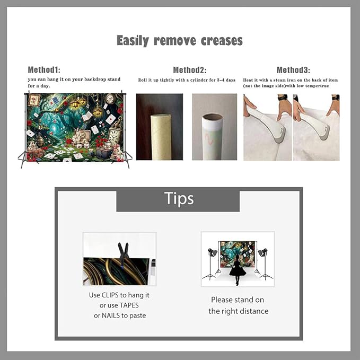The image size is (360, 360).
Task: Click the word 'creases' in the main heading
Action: (222, 41)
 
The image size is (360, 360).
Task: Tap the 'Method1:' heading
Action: (44, 69)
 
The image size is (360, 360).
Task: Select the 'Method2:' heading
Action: (190, 70)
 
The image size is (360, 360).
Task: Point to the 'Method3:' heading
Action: (293, 70)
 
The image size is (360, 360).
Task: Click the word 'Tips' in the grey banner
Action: (179, 198)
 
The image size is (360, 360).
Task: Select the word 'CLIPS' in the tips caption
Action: (110, 295)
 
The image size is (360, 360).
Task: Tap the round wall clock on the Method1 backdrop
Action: (110, 99)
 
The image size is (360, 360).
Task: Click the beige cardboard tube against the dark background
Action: (160, 137)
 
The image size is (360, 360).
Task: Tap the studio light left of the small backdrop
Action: (211, 262)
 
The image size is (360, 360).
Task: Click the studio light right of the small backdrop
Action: (265, 262)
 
